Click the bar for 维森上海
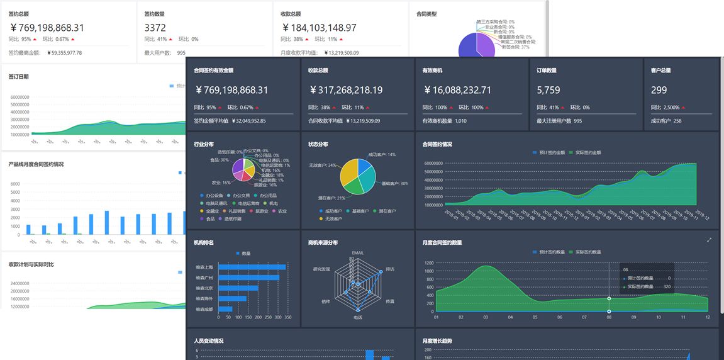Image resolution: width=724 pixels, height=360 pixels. (x=252, y=267)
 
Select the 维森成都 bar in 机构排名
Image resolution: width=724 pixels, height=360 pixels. (x=225, y=309)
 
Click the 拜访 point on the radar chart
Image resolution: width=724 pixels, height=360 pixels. (x=381, y=273)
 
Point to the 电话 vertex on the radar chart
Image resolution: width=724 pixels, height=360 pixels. (x=357, y=310)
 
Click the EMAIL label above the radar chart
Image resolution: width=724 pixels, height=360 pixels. (x=357, y=253)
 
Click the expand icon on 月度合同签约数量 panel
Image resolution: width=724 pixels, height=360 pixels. (x=709, y=240)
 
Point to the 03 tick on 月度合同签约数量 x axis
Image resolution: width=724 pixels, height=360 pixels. (x=486, y=317)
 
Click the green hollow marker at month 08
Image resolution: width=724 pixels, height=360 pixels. (x=609, y=298)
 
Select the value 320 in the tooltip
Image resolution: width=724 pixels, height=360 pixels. (x=667, y=286)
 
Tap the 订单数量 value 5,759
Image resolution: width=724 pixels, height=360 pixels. (x=549, y=91)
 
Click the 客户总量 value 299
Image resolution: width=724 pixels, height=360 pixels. (x=659, y=91)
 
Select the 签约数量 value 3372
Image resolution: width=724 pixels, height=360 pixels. (x=155, y=28)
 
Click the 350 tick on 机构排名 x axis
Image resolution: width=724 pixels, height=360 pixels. (x=288, y=317)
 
